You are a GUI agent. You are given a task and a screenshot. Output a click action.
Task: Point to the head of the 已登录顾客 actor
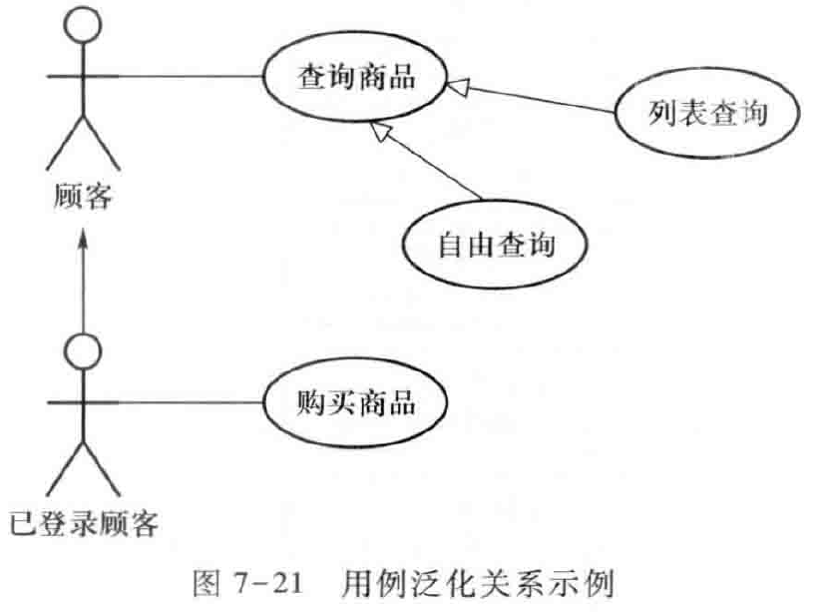point(84,350)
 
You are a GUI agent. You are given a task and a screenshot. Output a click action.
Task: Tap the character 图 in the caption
point(204,582)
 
